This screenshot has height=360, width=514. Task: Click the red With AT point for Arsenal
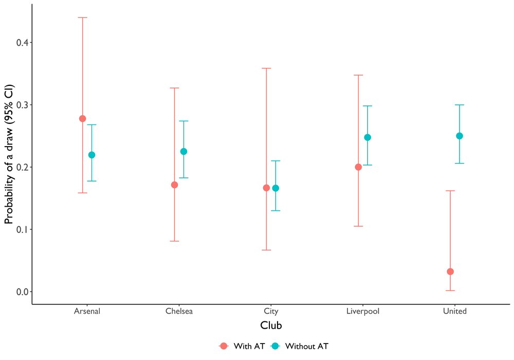(83, 118)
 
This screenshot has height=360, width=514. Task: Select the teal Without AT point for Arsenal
(92, 155)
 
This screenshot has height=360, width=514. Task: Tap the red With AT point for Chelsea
(174, 185)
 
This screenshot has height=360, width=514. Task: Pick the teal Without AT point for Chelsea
(183, 152)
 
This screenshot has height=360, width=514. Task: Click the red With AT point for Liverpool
(358, 167)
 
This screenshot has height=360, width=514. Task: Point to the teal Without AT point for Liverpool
(368, 137)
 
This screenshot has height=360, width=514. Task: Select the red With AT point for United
(450, 272)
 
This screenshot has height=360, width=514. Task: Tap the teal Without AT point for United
(460, 136)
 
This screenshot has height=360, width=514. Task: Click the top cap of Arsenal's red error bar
(83, 17)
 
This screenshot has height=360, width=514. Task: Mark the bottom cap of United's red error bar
(450, 291)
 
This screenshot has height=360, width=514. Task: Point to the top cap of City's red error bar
(266, 68)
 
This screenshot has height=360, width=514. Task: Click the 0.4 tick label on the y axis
(22, 43)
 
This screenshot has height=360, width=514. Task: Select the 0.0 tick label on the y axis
(22, 292)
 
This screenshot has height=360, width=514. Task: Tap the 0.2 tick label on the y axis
(22, 167)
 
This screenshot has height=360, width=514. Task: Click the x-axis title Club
(271, 325)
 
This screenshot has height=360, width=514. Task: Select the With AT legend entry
(242, 346)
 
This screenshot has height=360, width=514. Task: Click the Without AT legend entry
(300, 346)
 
